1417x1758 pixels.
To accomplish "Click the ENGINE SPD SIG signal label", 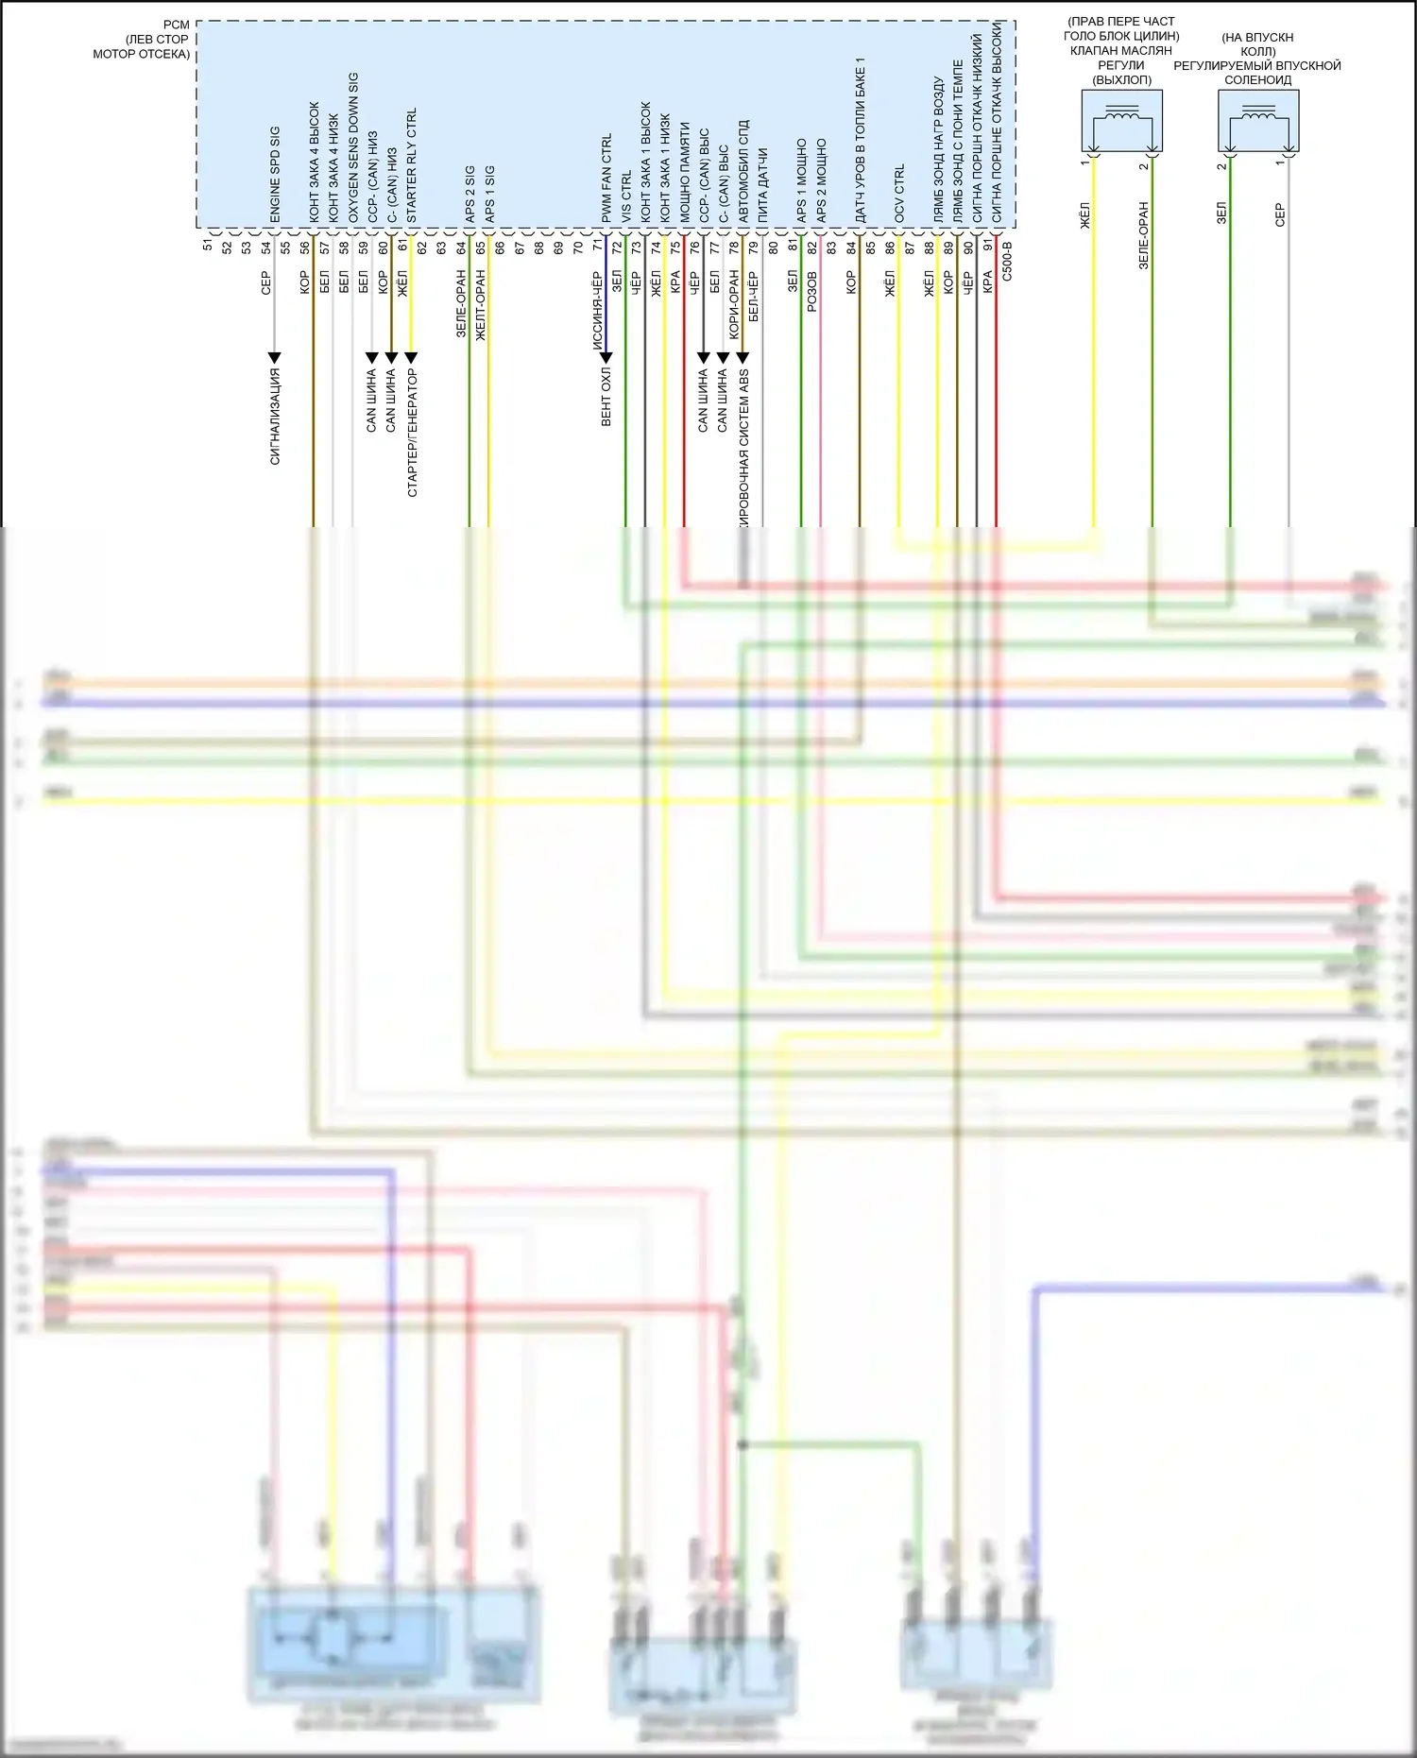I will (275, 175).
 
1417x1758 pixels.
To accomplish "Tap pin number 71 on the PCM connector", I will (597, 246).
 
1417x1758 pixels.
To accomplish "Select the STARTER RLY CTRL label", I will (411, 166).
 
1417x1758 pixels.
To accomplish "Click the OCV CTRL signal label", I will (898, 194).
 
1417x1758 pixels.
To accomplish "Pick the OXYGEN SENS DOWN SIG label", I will (353, 148).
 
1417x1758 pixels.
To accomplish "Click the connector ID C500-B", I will (1007, 261).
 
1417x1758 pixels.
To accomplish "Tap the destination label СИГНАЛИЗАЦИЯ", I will (275, 417).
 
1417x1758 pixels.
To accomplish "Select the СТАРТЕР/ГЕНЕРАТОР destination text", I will (412, 433).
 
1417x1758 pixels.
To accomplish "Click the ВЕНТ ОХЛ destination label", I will (606, 398).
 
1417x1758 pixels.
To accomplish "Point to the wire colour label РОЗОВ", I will (811, 292).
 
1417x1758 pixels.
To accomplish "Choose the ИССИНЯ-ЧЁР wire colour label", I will (597, 311).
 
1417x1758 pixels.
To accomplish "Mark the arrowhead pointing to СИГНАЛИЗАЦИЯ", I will (274, 358).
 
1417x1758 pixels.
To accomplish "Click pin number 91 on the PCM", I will (987, 246).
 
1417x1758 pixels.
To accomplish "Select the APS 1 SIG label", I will (489, 196).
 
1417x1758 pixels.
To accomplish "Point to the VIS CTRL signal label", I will (625, 197).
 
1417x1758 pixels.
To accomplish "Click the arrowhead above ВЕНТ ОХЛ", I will (606, 358).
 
